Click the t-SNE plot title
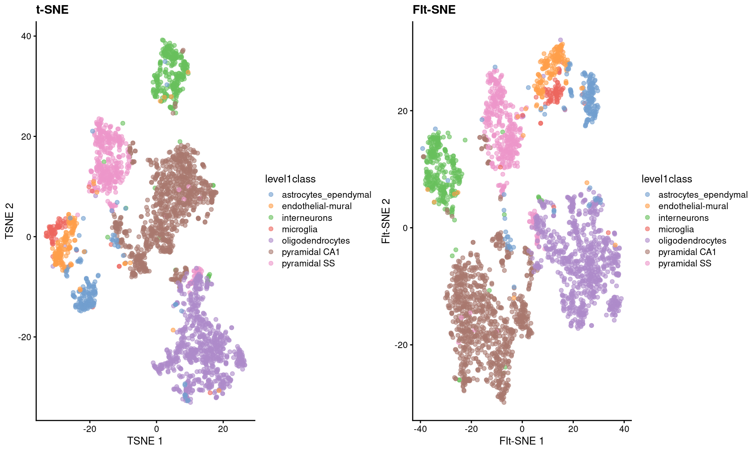pyautogui.click(x=52, y=9)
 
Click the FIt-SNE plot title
pyautogui.click(x=434, y=9)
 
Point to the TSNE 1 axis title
pyautogui.click(x=145, y=441)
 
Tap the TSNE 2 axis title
pyautogui.click(x=9, y=221)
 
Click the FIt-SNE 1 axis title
pyautogui.click(x=521, y=441)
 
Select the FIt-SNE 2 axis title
pyautogui.click(x=386, y=221)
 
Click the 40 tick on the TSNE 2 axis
pyautogui.click(x=26, y=36)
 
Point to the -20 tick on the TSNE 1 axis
pyautogui.click(x=89, y=429)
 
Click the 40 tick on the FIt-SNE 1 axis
pyautogui.click(x=624, y=429)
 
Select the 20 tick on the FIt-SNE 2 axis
pyautogui.click(x=402, y=111)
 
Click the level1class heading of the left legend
pyautogui.click(x=290, y=179)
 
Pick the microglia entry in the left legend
pyautogui.click(x=299, y=229)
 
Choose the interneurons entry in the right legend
pyautogui.click(x=683, y=218)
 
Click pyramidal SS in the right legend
pyautogui.click(x=684, y=263)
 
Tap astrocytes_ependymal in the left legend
pyautogui.click(x=326, y=195)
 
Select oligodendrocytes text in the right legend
pyautogui.click(x=692, y=241)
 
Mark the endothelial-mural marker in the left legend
pyautogui.click(x=271, y=206)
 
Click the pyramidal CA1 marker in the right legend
pyautogui.click(x=648, y=252)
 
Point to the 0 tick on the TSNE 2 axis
pyautogui.click(x=29, y=237)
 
